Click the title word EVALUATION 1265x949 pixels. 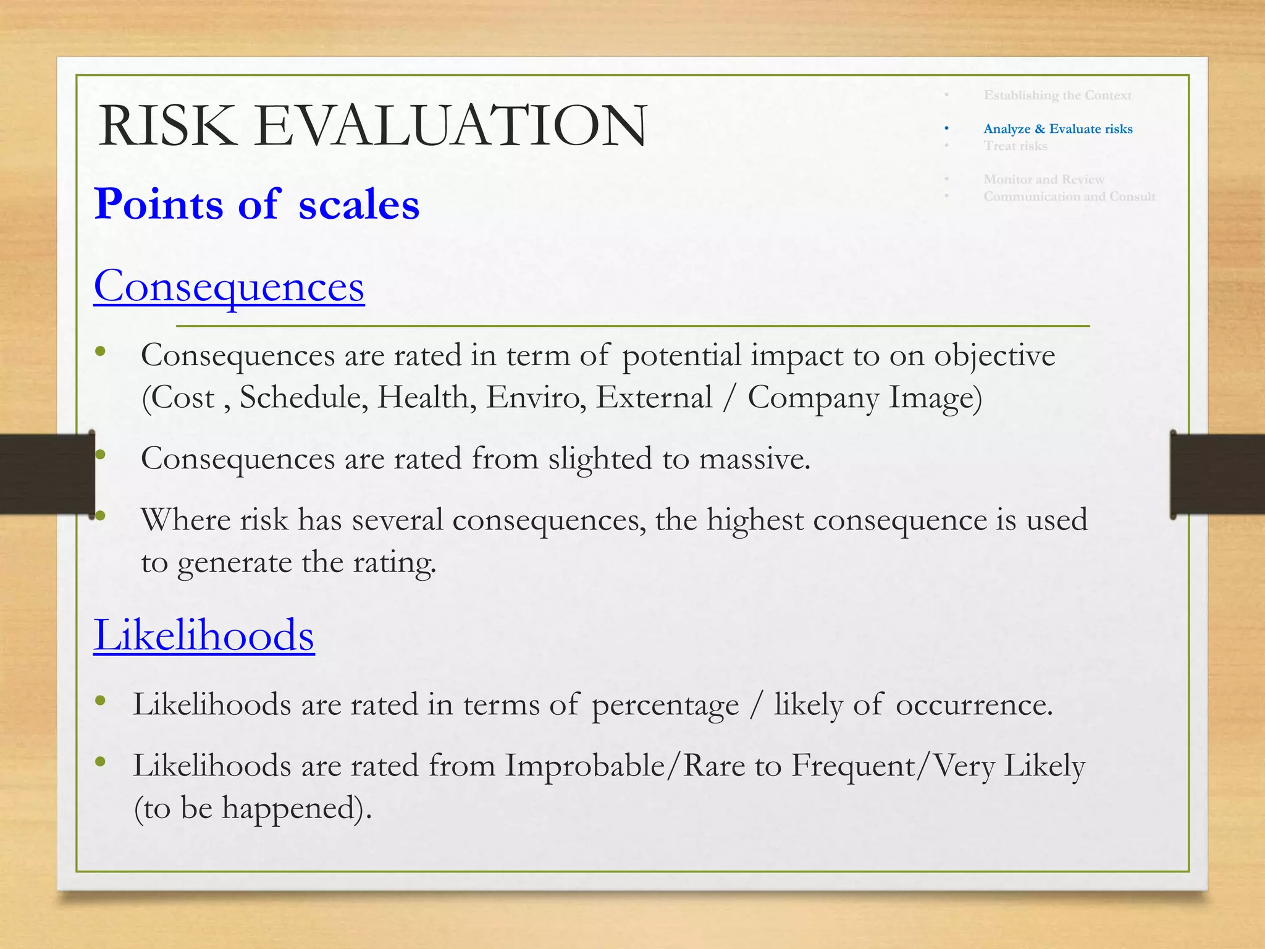point(450,126)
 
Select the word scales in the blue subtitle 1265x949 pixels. point(359,205)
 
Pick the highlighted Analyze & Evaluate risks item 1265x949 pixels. point(1057,129)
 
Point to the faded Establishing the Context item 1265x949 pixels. point(1057,95)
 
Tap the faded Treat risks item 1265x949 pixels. point(1015,146)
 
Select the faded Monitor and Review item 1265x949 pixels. point(1043,179)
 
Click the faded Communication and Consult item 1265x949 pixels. point(1069,196)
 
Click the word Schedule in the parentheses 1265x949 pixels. point(303,397)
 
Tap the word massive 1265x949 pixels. point(754,459)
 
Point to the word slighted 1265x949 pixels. point(600,459)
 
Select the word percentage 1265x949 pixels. point(665,705)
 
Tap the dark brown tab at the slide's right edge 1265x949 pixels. point(1217,474)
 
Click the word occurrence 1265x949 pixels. point(973,705)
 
